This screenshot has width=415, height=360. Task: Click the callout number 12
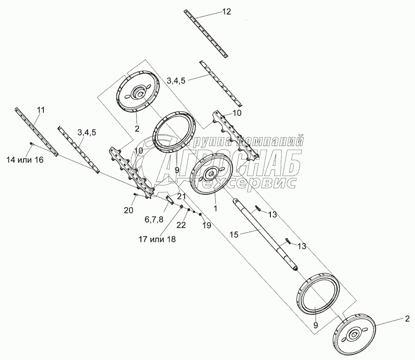[227, 12]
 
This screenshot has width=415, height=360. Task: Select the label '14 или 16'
[25, 160]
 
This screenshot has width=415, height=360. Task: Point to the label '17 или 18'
[157, 239]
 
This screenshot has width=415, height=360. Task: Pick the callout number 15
[234, 234]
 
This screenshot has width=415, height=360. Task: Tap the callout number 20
[129, 210]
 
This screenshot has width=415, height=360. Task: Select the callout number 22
[181, 224]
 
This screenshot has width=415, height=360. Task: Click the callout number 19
[207, 225]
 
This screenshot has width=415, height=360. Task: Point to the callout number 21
[181, 196]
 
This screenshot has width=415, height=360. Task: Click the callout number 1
[215, 208]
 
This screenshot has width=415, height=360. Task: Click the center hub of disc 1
[211, 174]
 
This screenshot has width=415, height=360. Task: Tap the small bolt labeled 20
[136, 195]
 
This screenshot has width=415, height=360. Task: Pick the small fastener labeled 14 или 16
[32, 144]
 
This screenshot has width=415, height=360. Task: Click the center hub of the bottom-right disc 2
[354, 335]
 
